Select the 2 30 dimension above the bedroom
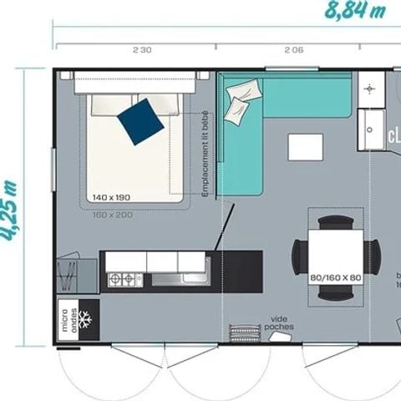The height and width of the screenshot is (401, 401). click(142, 50)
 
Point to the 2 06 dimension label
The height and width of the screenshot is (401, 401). click(292, 50)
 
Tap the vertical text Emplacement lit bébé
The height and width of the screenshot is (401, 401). click(206, 155)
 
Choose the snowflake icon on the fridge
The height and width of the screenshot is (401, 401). click(84, 318)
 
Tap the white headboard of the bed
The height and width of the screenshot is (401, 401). click(135, 84)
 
